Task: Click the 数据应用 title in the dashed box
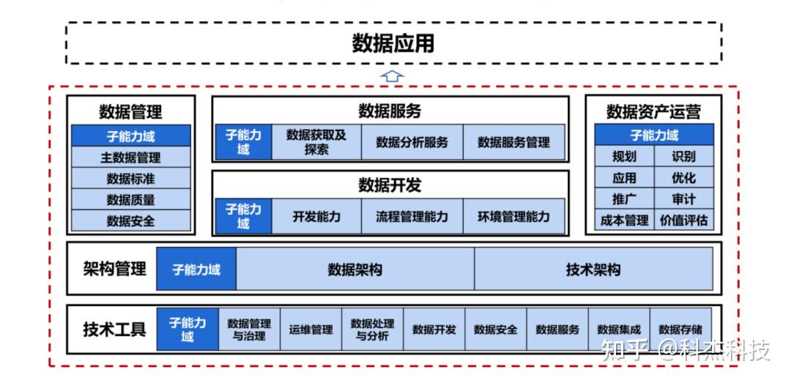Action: coord(393,43)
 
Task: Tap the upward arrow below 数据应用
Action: coord(392,76)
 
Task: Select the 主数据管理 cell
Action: coord(130,157)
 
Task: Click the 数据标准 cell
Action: coord(130,179)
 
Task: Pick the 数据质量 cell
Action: coord(130,200)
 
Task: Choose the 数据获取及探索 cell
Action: coord(316,142)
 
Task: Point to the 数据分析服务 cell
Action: coord(412,142)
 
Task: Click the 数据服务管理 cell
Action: coord(514,142)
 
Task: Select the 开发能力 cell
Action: coord(316,217)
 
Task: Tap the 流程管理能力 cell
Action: coord(412,217)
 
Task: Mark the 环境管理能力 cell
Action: coord(514,217)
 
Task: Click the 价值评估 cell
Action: coord(684,220)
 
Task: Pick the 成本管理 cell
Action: coord(625,220)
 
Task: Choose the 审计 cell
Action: coord(684,198)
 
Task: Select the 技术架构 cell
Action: coord(593,269)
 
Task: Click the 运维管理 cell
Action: coord(311,330)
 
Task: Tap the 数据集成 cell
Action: coord(619,330)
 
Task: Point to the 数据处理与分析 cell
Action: coord(372,330)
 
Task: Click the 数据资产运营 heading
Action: coord(654,112)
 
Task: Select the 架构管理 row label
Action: coord(114,269)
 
